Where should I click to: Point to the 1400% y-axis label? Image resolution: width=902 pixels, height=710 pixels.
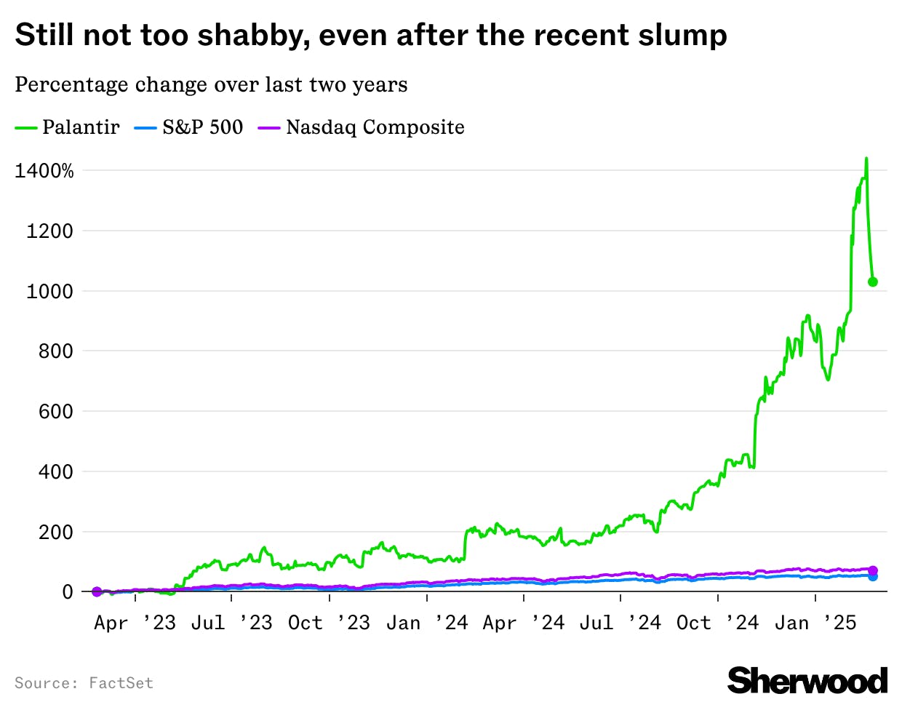44,171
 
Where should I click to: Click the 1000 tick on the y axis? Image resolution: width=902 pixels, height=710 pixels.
49,292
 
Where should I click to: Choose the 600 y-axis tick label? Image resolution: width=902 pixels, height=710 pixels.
55,412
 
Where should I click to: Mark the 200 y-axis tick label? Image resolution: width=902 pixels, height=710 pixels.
55,532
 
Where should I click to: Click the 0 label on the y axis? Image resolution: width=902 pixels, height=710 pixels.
68,592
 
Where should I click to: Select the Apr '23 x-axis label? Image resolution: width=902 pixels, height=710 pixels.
135,623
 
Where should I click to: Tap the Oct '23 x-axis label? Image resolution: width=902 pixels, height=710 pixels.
329,623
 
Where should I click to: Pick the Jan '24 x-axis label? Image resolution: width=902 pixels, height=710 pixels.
426,623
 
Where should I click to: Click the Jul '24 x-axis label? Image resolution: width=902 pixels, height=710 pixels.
620,623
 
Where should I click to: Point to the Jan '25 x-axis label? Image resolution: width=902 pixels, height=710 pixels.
815,623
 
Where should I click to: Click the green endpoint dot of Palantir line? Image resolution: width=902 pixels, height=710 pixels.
873,282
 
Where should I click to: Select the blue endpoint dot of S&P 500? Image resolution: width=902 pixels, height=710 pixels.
873,576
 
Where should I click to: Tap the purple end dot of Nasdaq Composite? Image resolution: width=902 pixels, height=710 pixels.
873,570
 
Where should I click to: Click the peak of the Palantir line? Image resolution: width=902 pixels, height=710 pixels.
866,159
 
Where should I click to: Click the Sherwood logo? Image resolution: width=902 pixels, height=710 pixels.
807,681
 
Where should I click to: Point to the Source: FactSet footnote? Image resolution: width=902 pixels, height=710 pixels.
84,683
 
